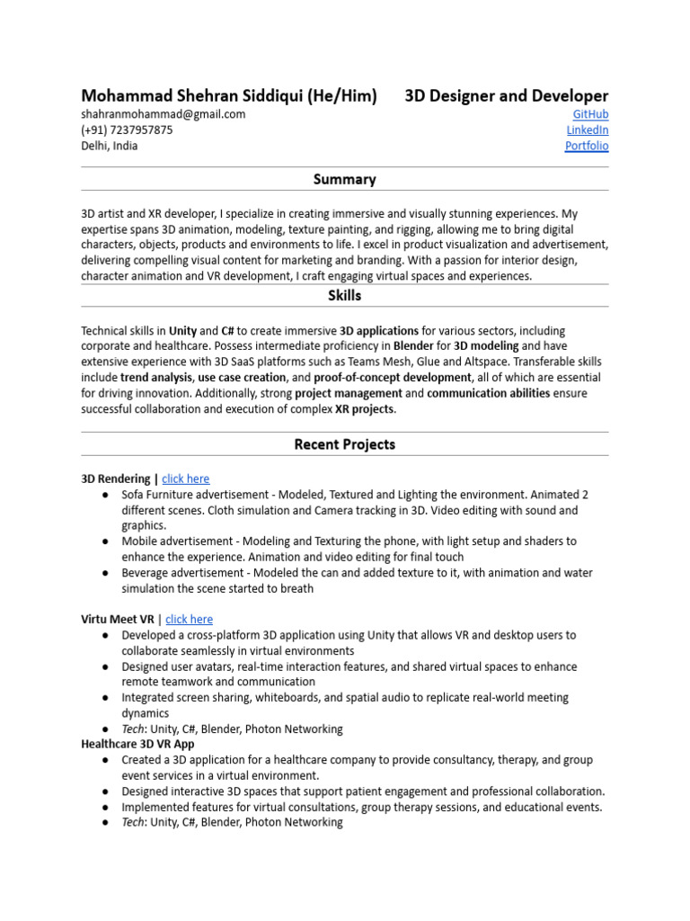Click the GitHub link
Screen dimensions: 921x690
pos(590,114)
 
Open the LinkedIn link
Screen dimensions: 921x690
pos(587,130)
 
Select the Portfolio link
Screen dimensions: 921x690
pos(586,146)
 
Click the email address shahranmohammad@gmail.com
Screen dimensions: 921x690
pos(163,114)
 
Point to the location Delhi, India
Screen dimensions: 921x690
pos(110,146)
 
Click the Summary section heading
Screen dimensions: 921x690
pos(345,179)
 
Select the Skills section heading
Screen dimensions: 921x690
pos(345,295)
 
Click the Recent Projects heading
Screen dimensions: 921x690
pos(345,444)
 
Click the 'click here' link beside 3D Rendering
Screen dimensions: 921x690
pos(185,478)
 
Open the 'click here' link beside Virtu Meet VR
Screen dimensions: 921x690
pos(189,619)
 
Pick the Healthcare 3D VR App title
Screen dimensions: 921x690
pos(137,744)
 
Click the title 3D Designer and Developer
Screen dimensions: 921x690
pos(506,95)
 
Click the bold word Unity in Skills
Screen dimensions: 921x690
pos(182,331)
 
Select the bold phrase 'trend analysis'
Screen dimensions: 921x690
pos(155,378)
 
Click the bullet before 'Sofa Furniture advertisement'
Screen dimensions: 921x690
pos(106,495)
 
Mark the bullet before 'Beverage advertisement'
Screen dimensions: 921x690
pos(106,572)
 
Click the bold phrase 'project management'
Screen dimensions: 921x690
pos(348,393)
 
